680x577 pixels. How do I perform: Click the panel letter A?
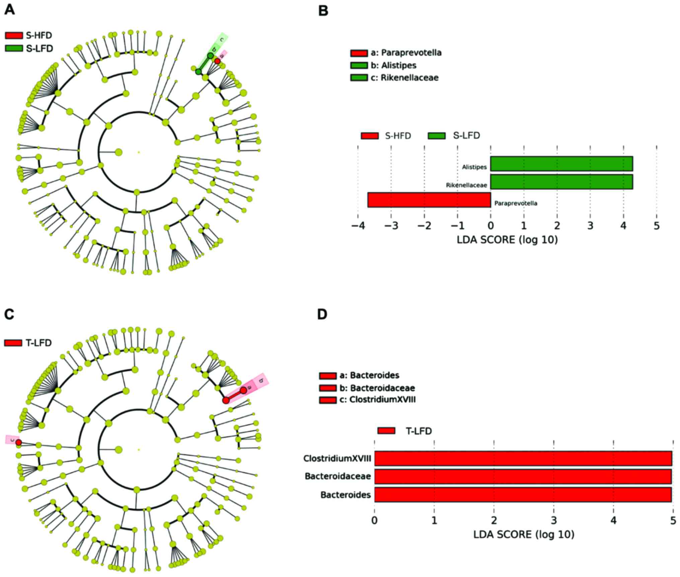pos(9,10)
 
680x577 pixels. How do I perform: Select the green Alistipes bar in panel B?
pos(561,164)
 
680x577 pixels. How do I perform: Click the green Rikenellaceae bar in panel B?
pos(561,182)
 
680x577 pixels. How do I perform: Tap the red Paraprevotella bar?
pos(429,200)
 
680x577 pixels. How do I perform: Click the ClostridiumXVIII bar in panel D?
pos(523,458)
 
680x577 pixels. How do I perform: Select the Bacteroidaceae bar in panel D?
pos(523,476)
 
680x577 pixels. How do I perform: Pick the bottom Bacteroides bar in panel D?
pos(523,495)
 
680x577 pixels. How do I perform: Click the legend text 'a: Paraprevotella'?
pos(406,53)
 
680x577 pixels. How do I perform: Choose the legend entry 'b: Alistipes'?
pos(393,65)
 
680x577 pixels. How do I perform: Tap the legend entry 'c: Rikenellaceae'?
pos(404,77)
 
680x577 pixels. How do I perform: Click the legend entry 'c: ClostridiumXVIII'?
pos(382,399)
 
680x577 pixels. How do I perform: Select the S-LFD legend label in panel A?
pos(39,49)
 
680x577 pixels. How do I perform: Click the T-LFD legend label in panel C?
pos(39,343)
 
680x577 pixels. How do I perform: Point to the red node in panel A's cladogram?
pos(217,61)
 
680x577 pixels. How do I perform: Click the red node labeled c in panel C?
pos(19,443)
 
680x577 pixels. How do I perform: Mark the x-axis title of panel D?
pos(523,534)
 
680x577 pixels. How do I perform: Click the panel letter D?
pos(322,315)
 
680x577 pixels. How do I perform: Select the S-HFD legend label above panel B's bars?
pos(398,136)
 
